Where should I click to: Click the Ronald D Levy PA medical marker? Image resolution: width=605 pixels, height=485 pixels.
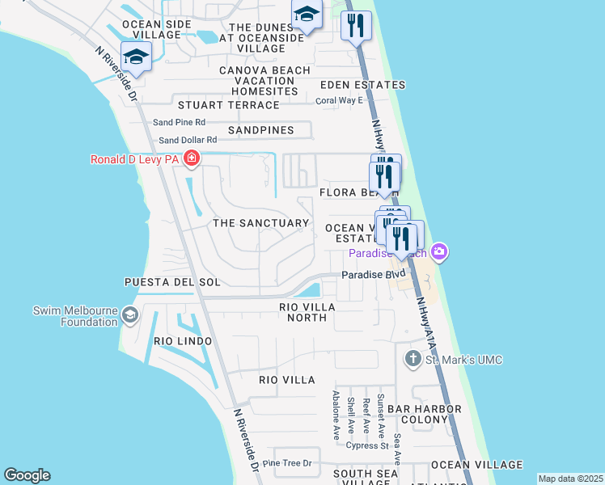(x=192, y=158)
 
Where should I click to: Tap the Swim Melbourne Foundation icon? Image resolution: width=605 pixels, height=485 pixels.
(x=129, y=315)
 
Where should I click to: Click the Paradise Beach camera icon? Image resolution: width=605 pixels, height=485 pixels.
(x=438, y=253)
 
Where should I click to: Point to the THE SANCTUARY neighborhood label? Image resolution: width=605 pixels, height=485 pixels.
(x=260, y=222)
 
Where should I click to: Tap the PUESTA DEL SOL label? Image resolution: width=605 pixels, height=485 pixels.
(x=171, y=282)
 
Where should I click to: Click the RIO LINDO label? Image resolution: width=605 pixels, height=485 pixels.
(x=183, y=341)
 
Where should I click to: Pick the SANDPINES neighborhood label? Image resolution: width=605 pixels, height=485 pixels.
(x=260, y=129)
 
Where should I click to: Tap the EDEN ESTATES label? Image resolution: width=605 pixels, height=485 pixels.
(x=362, y=85)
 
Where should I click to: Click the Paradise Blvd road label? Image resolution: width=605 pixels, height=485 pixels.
(x=372, y=274)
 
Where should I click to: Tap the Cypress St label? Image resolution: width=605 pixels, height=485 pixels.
(x=368, y=445)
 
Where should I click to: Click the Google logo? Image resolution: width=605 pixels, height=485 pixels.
(x=27, y=475)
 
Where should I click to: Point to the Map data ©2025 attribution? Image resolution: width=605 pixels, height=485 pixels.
(x=570, y=479)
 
